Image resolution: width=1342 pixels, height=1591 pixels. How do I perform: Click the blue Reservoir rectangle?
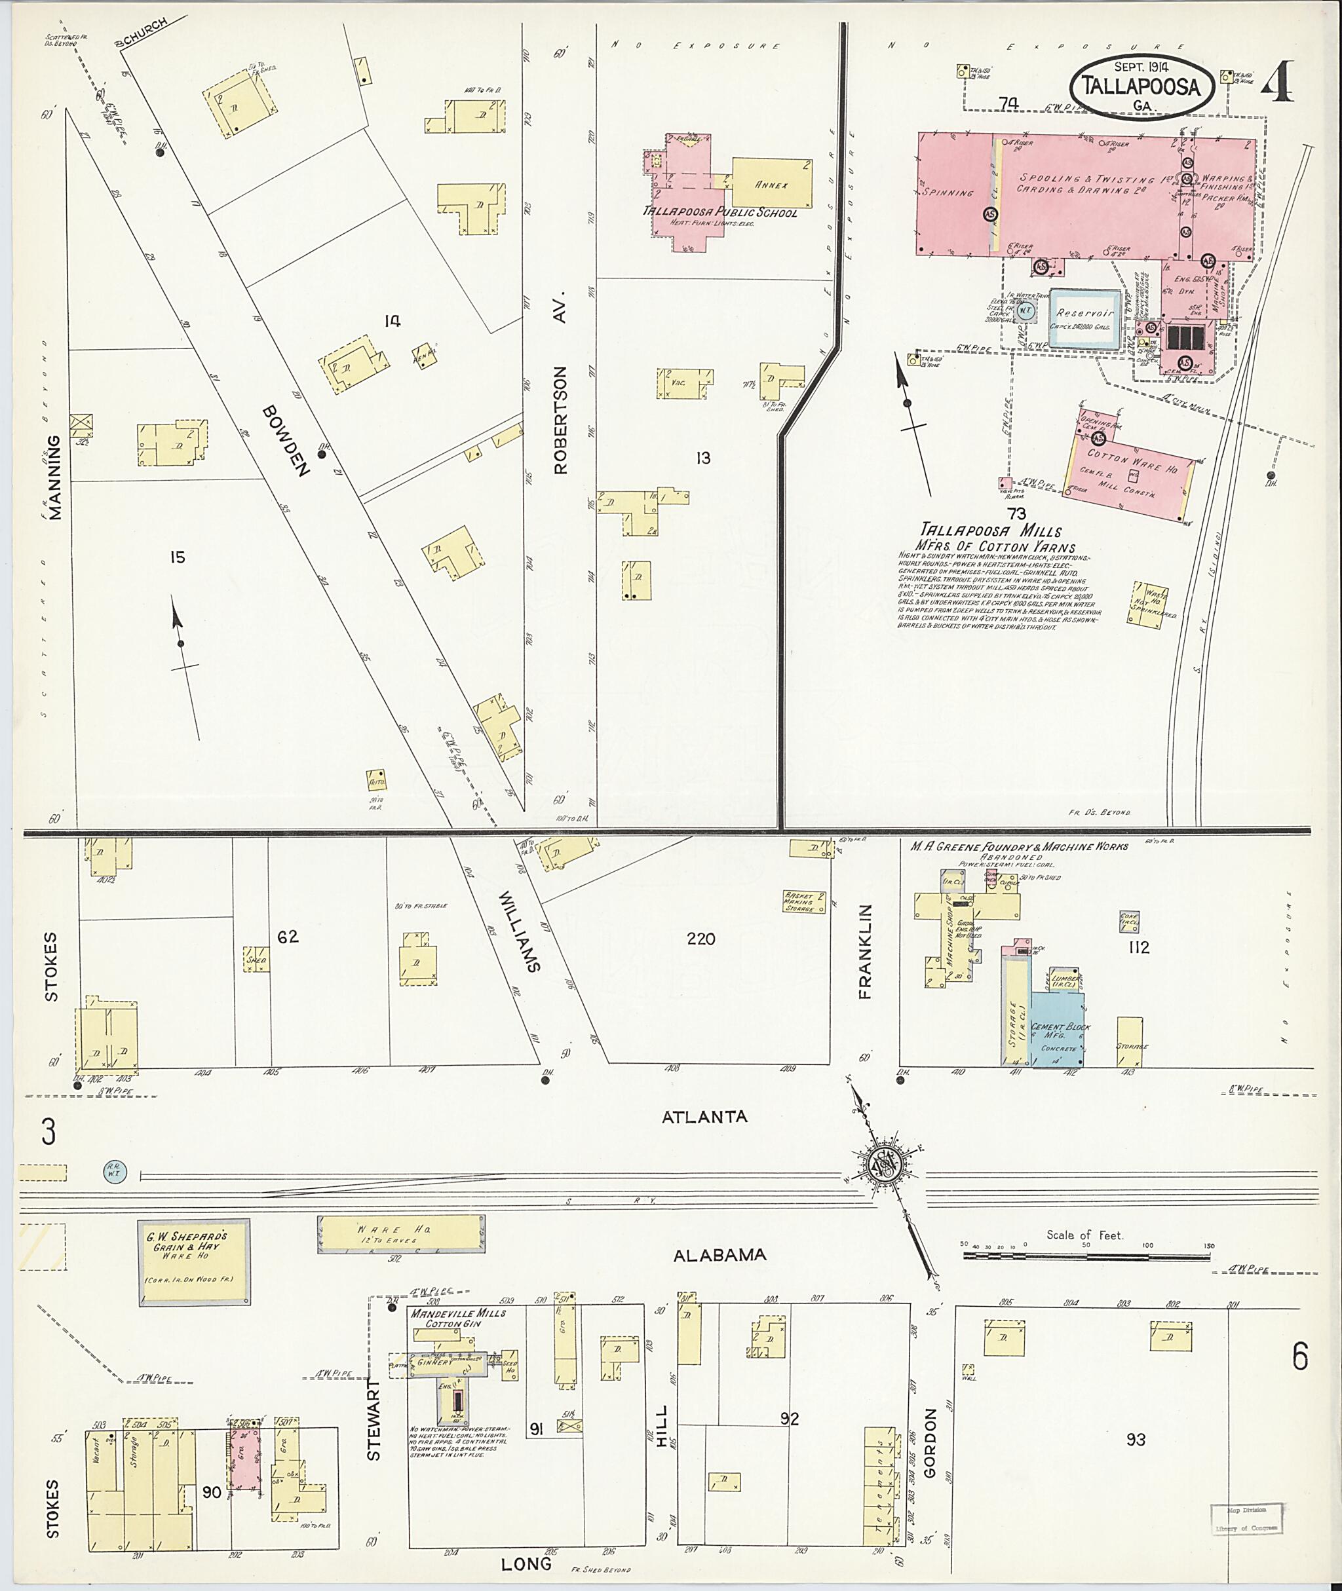1084,318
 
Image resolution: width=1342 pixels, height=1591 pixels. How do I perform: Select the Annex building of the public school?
771,183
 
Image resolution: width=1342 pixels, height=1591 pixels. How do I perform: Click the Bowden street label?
284,440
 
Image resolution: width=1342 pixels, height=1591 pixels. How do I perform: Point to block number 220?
700,939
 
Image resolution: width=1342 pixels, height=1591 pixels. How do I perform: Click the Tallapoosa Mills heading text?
991,530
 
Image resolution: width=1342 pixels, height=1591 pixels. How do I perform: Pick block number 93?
1136,1439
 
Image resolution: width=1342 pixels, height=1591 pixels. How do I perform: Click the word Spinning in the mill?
947,193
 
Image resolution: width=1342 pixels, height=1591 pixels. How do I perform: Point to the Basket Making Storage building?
803,902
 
